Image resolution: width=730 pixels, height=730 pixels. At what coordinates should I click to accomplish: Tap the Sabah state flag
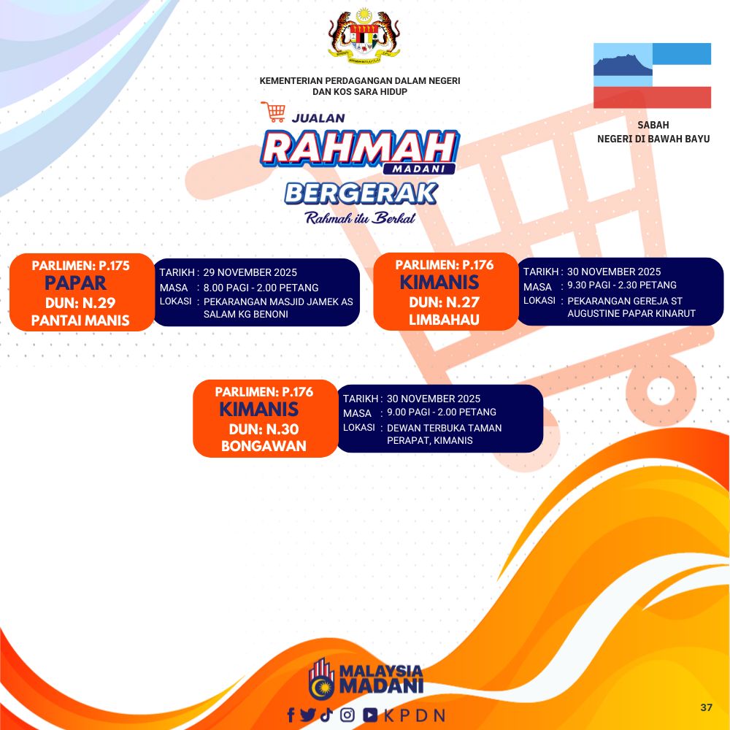[652, 75]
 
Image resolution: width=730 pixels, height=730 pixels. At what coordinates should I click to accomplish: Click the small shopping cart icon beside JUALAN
[273, 112]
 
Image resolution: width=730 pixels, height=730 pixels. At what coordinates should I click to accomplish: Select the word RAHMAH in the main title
[359, 148]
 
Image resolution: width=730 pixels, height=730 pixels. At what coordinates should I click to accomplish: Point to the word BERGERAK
[361, 193]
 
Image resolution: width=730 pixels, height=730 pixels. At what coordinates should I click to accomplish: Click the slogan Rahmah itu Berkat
[360, 218]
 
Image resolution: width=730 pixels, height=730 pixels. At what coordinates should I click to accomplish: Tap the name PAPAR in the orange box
[75, 283]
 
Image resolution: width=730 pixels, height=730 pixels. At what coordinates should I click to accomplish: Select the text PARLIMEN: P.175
[80, 266]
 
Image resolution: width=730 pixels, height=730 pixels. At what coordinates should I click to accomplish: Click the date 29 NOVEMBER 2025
[250, 272]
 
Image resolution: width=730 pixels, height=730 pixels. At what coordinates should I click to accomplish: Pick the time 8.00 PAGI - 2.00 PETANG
[261, 288]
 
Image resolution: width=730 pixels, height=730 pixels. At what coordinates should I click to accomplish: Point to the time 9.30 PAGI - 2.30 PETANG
[621, 285]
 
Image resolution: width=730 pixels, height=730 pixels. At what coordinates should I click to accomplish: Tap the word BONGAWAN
[264, 446]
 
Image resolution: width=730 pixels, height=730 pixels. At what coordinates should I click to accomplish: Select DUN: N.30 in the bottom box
[264, 429]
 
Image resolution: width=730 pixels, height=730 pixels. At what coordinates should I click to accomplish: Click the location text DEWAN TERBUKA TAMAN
[444, 428]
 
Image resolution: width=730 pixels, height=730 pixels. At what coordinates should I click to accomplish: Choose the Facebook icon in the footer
[291, 715]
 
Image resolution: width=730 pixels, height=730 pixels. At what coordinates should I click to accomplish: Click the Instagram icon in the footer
[347, 715]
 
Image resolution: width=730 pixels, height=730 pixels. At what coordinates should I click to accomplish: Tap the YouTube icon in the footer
[371, 715]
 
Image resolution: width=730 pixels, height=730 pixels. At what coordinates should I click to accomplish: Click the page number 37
[706, 707]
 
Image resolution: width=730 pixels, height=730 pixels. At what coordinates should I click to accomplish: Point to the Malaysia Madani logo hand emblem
[321, 679]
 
